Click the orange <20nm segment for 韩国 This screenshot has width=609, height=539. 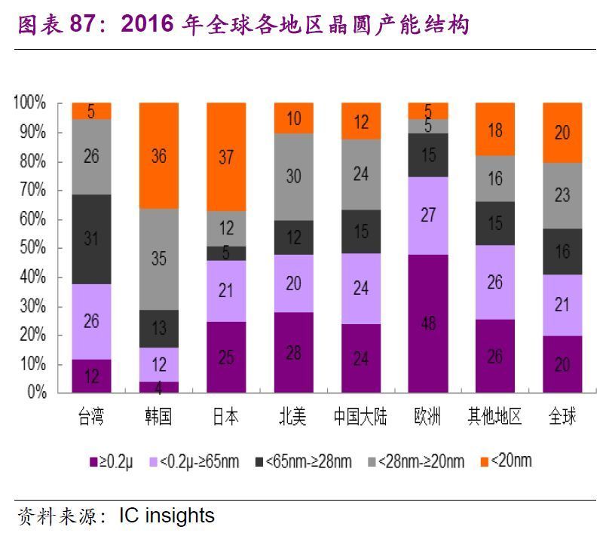point(158,155)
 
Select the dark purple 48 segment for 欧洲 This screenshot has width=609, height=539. point(427,323)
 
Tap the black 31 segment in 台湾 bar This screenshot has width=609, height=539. point(91,239)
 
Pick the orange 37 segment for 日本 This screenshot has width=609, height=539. point(225,157)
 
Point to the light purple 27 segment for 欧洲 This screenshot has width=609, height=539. point(427,216)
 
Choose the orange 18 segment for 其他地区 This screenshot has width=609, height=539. point(495,129)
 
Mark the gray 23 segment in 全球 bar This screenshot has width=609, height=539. point(562,195)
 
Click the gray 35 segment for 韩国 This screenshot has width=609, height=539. point(158,259)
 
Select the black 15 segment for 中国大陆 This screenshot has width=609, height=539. point(360,231)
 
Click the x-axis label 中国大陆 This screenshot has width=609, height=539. point(360,417)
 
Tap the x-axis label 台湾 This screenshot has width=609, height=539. point(91,417)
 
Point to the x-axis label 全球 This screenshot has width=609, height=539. point(562,417)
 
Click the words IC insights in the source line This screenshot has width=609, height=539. point(167,516)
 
